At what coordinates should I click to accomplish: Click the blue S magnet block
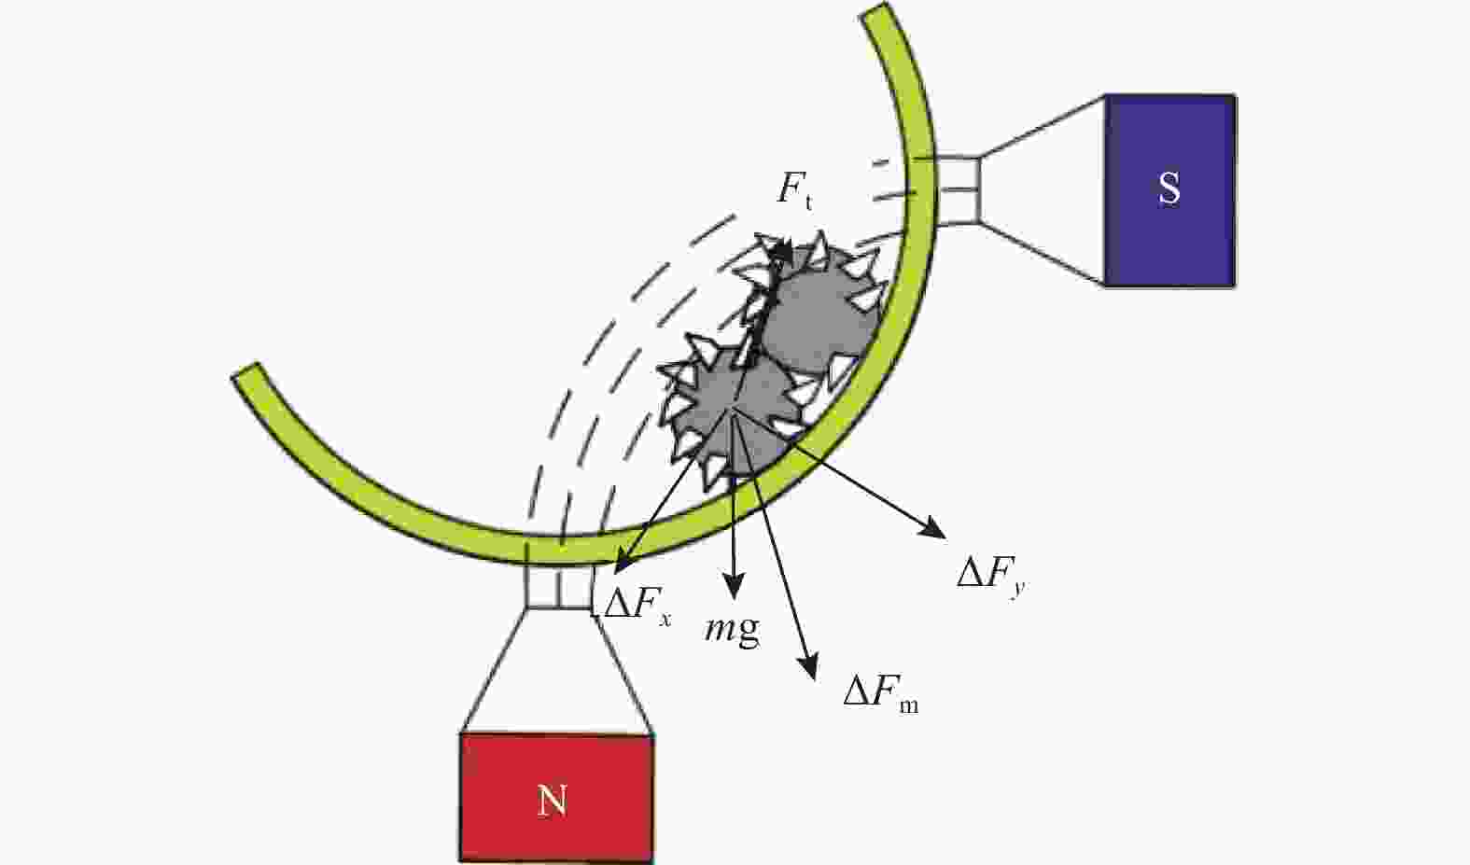point(1170,190)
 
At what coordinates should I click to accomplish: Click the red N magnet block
point(556,798)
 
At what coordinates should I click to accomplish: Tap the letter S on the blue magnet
point(1169,188)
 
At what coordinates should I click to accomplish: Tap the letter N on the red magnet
point(552,801)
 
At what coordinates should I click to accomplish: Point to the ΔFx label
point(637,605)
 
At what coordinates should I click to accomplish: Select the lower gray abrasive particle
point(732,413)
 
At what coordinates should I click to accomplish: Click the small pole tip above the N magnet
point(560,585)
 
